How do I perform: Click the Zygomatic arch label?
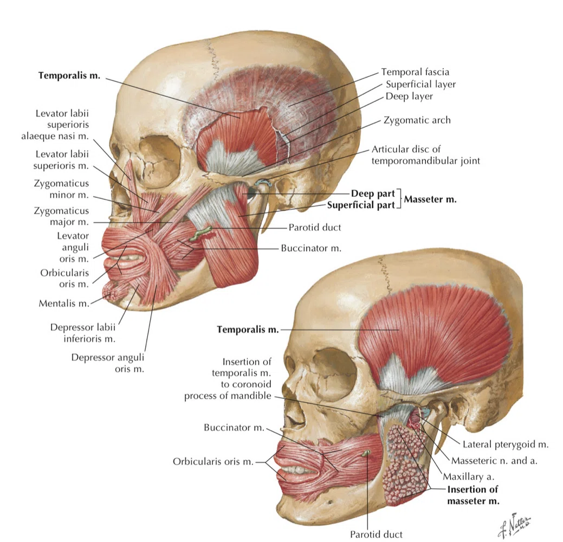[x=417, y=120]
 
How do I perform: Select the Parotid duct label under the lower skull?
[x=376, y=534]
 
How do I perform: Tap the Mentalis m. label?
[x=64, y=304]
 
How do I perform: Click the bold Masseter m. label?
[x=430, y=199]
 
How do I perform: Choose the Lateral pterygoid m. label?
[x=505, y=444]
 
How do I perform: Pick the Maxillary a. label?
[x=469, y=476]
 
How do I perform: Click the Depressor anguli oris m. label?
[x=108, y=363]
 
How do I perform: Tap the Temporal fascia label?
[x=415, y=72]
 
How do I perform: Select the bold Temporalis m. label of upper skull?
[x=69, y=75]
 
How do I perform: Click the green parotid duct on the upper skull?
[x=202, y=233]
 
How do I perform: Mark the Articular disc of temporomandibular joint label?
[x=425, y=155]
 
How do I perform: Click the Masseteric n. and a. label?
[x=494, y=461]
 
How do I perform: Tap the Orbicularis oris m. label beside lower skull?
[x=213, y=462]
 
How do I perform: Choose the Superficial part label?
[x=361, y=205]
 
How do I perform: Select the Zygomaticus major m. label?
[x=61, y=216]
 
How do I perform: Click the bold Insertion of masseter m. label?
[x=473, y=495]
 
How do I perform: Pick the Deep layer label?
[x=409, y=96]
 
